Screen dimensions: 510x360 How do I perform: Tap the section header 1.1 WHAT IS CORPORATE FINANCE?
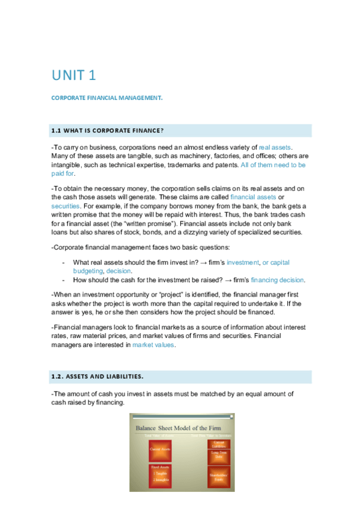109,131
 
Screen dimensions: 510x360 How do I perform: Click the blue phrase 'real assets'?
275,147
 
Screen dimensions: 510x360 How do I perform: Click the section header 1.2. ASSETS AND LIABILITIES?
98,377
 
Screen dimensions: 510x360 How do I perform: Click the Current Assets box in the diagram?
159,449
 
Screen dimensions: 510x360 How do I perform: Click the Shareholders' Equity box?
219,478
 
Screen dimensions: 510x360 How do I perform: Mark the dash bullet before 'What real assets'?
64,263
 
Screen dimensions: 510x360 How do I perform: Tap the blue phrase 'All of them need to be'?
273,164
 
